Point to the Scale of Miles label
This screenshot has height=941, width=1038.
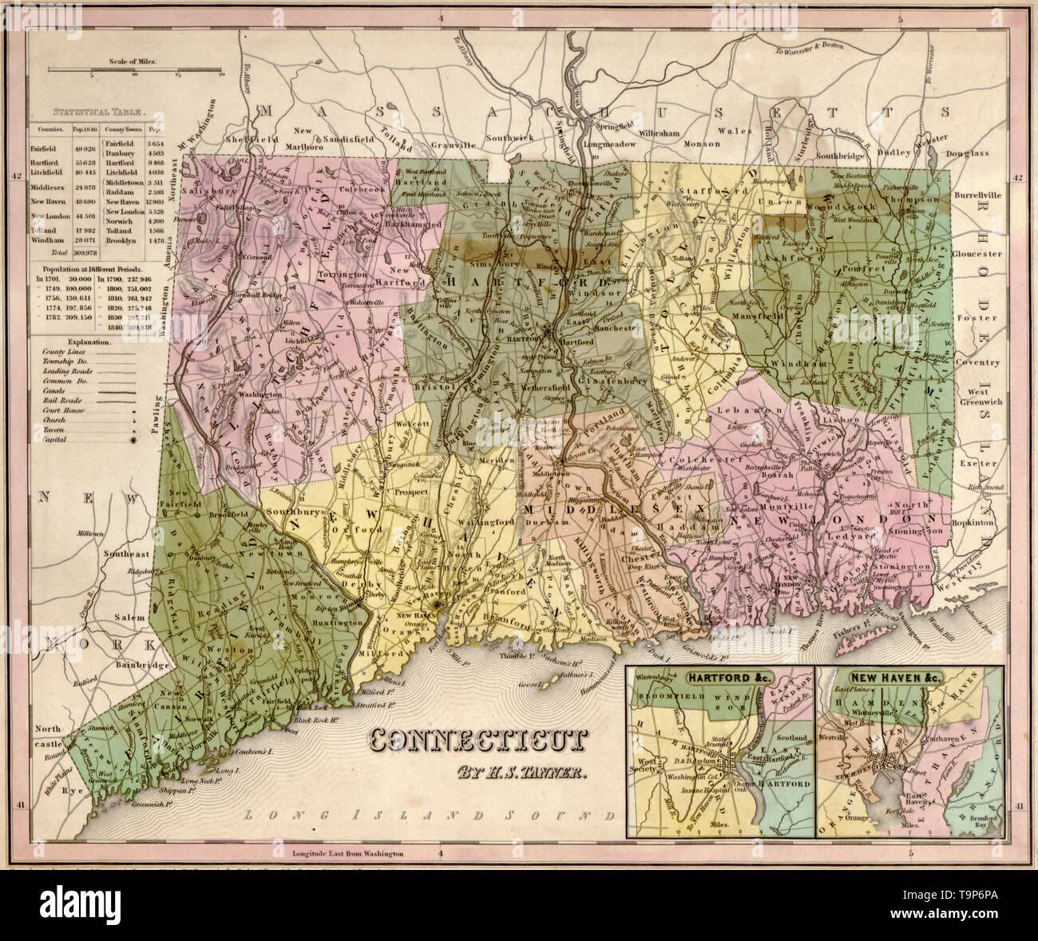(x=135, y=61)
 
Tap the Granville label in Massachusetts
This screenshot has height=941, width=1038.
(x=453, y=145)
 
